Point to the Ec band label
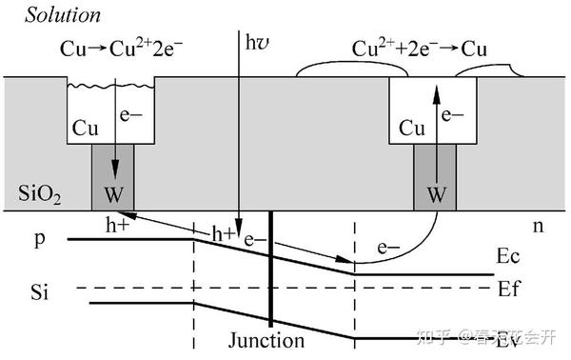click(509, 257)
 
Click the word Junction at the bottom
click(267, 340)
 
